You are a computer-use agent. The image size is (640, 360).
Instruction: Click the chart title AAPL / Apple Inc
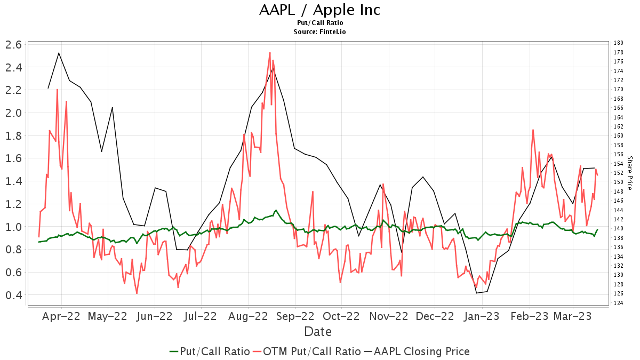click(x=320, y=10)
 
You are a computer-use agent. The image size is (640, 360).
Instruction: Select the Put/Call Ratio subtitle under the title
click(x=320, y=23)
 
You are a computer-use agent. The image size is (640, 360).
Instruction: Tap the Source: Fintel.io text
click(x=320, y=31)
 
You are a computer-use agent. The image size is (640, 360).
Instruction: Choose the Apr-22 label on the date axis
click(x=61, y=316)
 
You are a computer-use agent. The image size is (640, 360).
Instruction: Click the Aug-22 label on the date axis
click(x=248, y=316)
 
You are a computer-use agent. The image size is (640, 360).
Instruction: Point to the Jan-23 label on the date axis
click(x=482, y=316)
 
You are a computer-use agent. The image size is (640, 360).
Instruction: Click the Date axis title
click(x=318, y=332)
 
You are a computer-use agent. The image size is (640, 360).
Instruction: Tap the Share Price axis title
click(x=630, y=173)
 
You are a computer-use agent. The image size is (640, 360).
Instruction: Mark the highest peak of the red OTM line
click(x=270, y=53)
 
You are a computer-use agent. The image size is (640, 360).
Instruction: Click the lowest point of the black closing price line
click(x=476, y=293)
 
